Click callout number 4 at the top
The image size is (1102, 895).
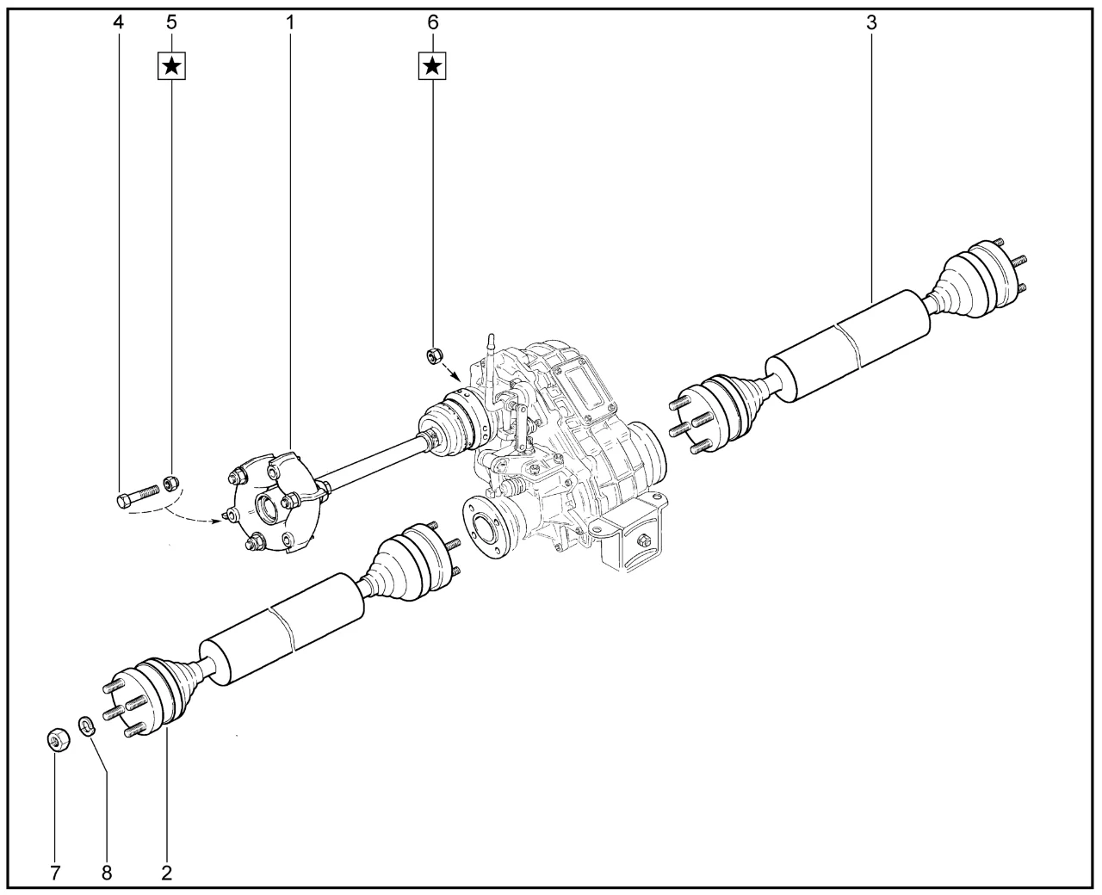click(119, 22)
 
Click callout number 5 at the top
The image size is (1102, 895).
click(171, 22)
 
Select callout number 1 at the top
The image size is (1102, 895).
click(290, 22)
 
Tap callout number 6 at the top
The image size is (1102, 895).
click(432, 22)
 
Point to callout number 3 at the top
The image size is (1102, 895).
click(871, 22)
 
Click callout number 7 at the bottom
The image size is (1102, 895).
click(55, 873)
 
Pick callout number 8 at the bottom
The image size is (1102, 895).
click(107, 873)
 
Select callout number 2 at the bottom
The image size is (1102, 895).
click(166, 873)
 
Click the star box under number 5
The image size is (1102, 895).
click(171, 66)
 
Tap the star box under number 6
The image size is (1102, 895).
click(432, 66)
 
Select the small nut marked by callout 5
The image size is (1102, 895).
click(171, 484)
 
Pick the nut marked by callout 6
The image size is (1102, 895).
click(434, 356)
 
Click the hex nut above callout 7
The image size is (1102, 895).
click(58, 741)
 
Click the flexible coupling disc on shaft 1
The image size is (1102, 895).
click(273, 503)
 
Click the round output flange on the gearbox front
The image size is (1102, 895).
click(486, 528)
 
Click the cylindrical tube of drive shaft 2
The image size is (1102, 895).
click(282, 629)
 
